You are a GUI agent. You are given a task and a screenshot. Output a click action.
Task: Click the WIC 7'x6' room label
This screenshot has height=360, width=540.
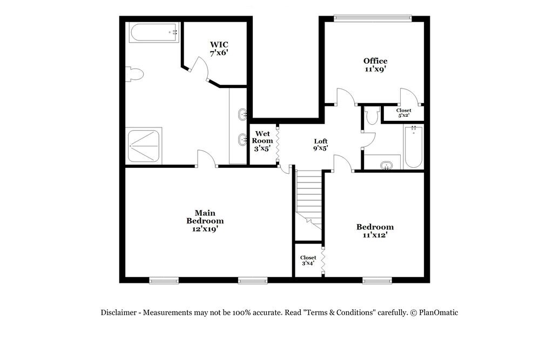tap(219, 49)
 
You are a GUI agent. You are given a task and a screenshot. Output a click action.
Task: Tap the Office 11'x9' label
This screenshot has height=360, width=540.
tap(375, 65)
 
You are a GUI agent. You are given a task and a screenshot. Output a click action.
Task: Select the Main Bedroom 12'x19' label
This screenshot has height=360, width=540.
tap(205, 221)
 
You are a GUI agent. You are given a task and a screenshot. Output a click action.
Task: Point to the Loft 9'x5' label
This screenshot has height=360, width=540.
tap(321, 144)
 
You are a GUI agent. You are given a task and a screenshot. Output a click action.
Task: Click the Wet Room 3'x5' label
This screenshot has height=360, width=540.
tap(262, 141)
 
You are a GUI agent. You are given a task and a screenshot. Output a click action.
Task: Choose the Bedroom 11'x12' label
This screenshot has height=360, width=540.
tap(375, 230)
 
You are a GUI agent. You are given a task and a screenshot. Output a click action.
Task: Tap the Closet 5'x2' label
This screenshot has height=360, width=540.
tap(403, 113)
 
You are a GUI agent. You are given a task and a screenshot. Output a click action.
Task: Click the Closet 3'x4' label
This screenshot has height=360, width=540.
tap(308, 261)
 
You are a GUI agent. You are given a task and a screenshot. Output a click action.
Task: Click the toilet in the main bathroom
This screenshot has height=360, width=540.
tap(134, 74)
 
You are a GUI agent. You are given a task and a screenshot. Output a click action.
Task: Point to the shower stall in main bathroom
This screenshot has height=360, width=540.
tap(144, 145)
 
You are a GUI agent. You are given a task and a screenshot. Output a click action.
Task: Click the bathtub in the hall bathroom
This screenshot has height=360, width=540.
tap(414, 147)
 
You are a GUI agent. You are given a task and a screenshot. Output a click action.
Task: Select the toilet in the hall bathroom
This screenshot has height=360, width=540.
tap(372, 116)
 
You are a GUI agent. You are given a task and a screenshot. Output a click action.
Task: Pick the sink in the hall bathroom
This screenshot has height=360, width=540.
tap(386, 165)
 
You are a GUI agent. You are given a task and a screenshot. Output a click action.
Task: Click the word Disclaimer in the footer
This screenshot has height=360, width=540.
tap(119, 313)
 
